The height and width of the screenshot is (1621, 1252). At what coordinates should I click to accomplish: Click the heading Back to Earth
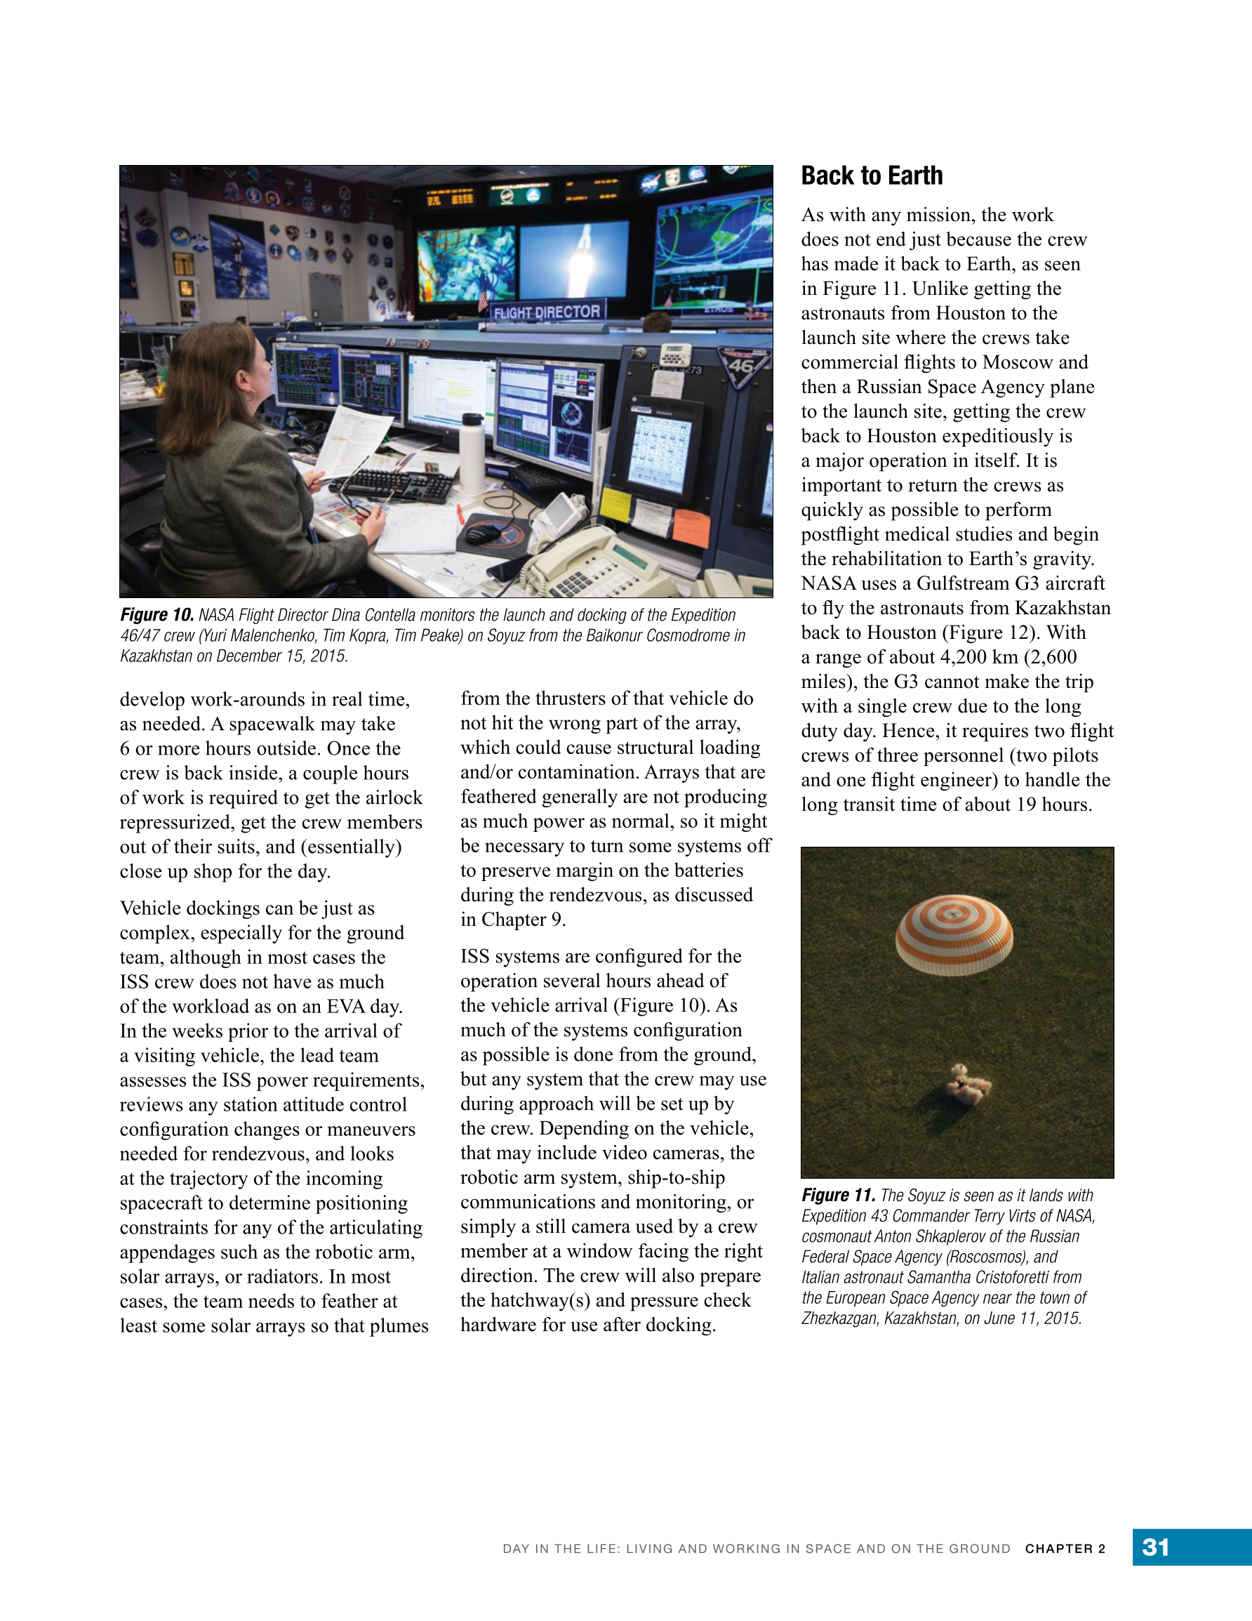(872, 176)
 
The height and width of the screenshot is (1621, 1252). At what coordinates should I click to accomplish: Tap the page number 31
(1156, 1547)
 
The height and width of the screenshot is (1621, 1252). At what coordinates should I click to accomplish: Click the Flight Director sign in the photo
(547, 312)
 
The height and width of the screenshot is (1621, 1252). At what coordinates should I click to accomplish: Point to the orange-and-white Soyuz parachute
(954, 934)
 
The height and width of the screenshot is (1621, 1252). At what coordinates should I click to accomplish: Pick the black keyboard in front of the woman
(393, 486)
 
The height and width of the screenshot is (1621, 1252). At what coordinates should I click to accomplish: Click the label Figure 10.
(156, 615)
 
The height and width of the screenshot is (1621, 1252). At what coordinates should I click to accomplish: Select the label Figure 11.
(838, 1195)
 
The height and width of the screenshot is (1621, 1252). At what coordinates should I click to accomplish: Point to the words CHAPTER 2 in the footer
(1065, 1548)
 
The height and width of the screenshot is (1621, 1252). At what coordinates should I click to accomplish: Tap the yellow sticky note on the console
(615, 505)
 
